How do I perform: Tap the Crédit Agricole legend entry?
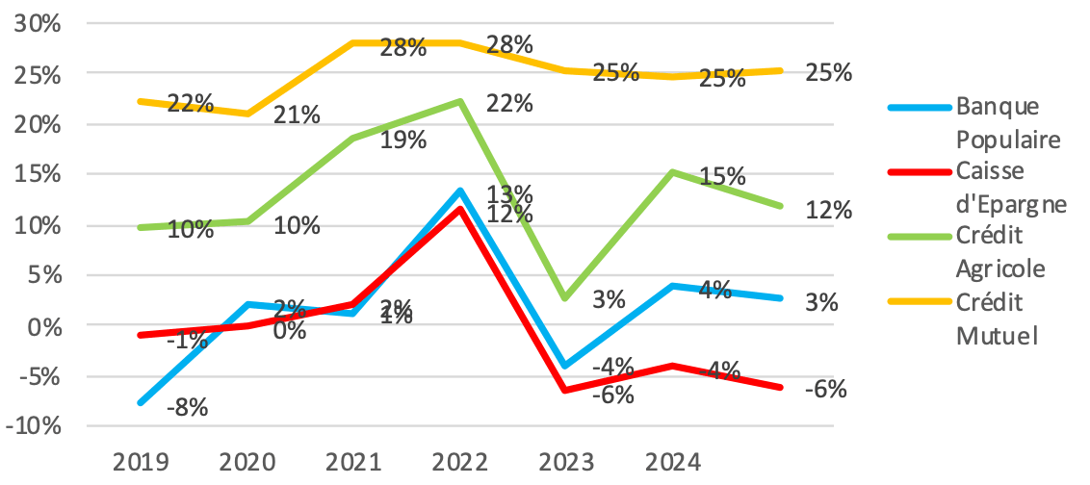1000,253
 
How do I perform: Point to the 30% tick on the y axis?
35,24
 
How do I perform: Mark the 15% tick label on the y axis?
35,175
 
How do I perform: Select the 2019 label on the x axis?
141,463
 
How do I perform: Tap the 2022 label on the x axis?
460,463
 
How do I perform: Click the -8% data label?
187,407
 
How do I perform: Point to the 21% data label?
297,115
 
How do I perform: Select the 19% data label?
402,140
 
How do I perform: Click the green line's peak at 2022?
461,101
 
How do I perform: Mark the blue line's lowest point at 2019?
141,402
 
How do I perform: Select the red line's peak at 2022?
461,208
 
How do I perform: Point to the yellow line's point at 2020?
248,114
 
